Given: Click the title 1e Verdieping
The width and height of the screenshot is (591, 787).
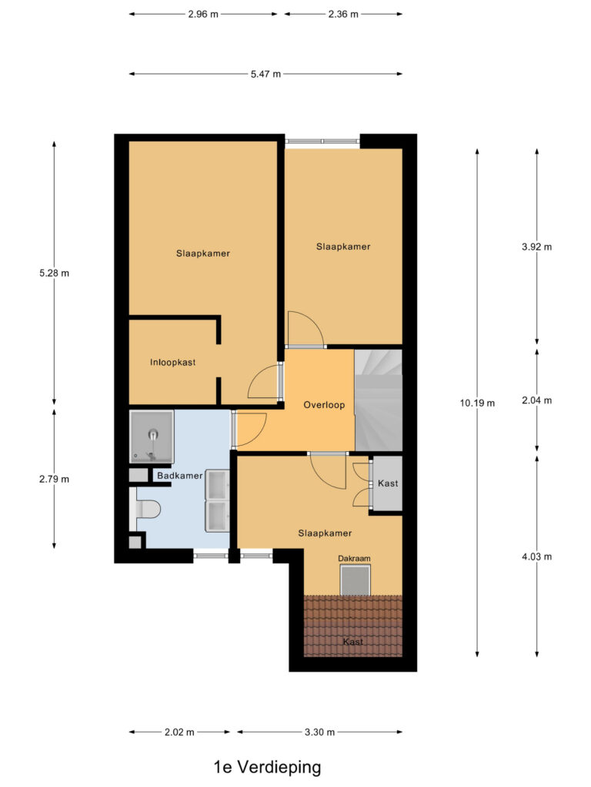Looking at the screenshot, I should point(267,766).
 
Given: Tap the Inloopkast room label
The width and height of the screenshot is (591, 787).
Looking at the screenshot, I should point(172,362).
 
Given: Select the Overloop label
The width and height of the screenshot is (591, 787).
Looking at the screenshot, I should point(324,404).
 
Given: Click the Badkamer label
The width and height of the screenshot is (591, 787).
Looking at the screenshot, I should point(179,476).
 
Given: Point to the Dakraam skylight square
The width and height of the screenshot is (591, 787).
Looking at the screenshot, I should point(356,580).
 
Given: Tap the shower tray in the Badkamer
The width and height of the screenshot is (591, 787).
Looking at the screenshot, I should point(152,435).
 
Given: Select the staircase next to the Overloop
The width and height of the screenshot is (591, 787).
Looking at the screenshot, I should point(379,400).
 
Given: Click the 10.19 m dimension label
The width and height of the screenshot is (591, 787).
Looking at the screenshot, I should point(478,403).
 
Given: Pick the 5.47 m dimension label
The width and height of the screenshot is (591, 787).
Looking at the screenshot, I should point(265,74).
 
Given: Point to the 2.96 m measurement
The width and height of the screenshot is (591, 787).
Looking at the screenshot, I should point(203,14).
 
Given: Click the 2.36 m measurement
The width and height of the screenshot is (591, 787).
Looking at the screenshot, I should point(343,14).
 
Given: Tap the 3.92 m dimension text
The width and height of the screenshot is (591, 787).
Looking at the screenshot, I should point(536,247).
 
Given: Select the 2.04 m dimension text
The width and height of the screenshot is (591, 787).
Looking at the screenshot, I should point(536,400).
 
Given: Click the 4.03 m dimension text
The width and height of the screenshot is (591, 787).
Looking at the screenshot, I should point(536,556).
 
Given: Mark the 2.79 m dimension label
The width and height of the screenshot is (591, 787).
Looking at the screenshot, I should point(54,479).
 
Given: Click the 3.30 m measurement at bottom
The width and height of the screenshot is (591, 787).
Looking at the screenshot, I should point(319,732).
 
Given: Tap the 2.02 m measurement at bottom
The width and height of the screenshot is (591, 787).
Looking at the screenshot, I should point(179,732).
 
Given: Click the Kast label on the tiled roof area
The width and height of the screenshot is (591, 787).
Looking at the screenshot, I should point(353,641).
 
